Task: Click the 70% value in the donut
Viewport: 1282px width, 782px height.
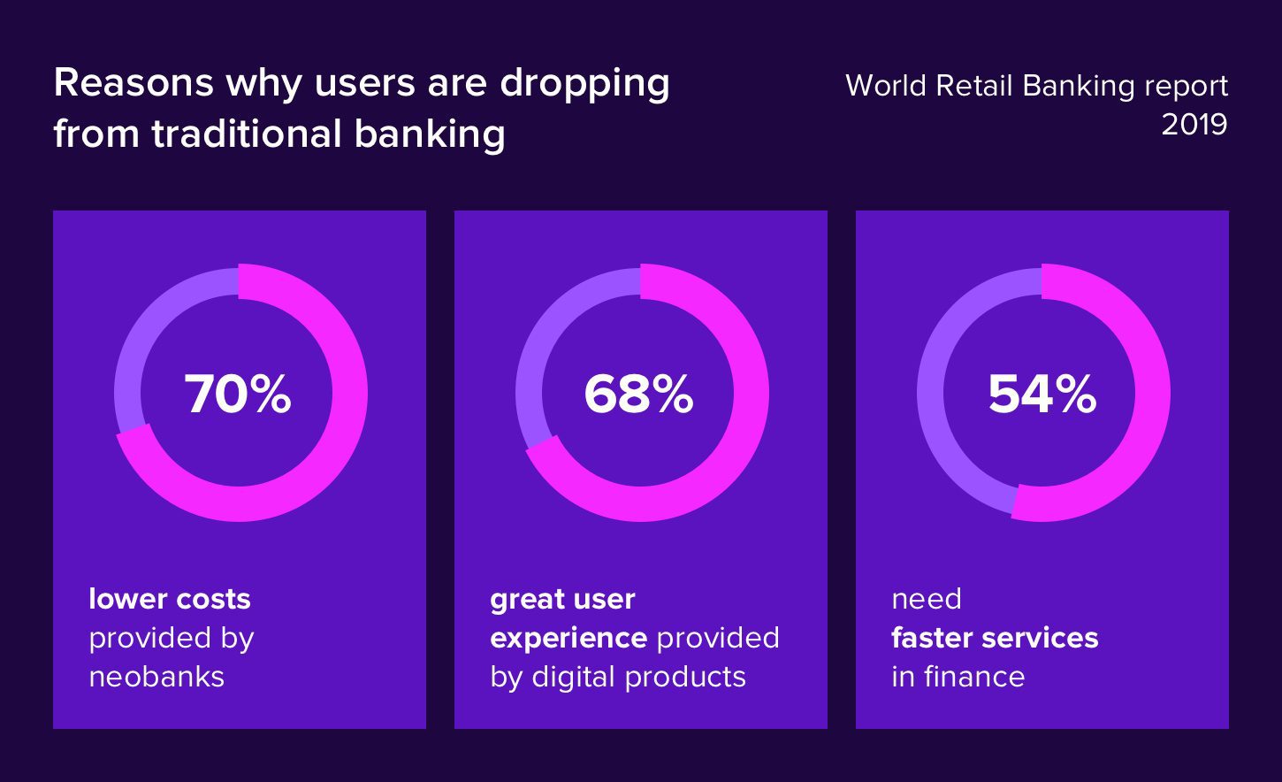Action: (x=238, y=394)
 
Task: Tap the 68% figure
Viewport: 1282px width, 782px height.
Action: (x=638, y=394)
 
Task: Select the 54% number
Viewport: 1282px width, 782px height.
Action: (x=1042, y=394)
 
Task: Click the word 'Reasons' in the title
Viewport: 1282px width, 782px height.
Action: (x=134, y=83)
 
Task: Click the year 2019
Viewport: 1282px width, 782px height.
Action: (x=1194, y=125)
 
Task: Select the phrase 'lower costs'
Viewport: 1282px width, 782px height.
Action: (x=170, y=599)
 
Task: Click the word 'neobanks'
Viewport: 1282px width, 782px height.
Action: (x=156, y=677)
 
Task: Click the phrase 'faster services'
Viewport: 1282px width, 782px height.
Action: (x=995, y=638)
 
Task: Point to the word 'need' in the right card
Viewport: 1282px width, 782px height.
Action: (x=926, y=599)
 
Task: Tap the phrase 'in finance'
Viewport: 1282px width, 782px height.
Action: (x=958, y=677)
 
